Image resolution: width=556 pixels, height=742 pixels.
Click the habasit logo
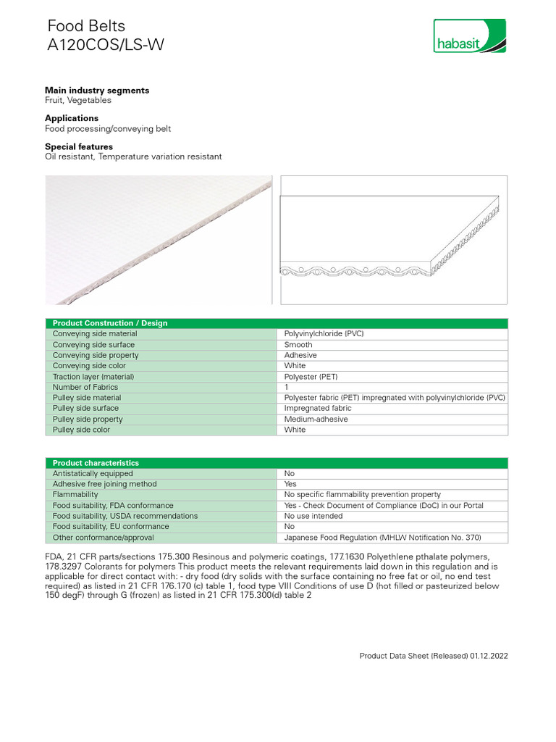469,36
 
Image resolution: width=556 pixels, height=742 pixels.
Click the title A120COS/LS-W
106,45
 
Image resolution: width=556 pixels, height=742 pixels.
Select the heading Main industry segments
97,91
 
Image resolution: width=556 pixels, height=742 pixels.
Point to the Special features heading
79,146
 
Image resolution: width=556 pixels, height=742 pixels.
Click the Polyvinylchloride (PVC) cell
324,334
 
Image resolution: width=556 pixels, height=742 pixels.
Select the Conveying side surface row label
93,345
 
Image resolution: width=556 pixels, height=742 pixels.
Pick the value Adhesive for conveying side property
300,356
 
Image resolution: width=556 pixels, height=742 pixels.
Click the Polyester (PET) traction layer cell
311,377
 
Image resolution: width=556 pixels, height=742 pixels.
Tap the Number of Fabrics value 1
287,387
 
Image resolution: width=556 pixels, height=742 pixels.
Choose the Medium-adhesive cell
316,419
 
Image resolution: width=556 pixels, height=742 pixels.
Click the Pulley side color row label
82,430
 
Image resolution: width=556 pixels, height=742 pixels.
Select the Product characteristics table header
96,463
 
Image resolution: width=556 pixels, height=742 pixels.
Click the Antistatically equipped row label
93,473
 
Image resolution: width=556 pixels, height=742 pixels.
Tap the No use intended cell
313,516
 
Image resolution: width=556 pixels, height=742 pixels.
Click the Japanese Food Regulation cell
382,538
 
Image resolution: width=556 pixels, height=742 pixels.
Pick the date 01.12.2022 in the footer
489,656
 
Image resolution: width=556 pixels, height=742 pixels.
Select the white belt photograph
158,239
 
